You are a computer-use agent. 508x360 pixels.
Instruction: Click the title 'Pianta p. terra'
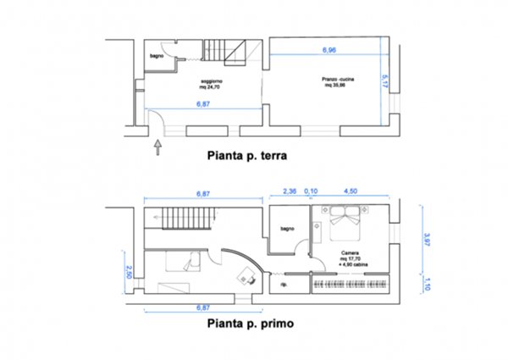tap(249, 156)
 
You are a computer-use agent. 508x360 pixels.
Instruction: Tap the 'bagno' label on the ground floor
tap(156, 56)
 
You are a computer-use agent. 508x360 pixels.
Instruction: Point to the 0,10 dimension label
tap(311, 191)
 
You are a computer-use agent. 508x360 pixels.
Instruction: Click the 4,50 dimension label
tap(348, 191)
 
